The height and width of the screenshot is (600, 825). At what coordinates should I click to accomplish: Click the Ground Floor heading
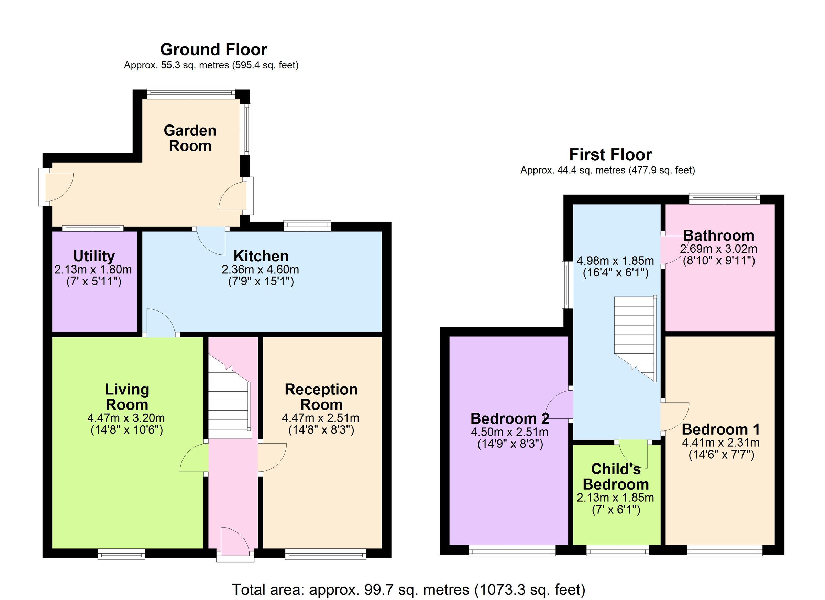click(213, 50)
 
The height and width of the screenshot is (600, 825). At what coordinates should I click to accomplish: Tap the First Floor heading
click(610, 155)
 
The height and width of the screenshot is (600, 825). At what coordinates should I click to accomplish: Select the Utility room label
click(94, 256)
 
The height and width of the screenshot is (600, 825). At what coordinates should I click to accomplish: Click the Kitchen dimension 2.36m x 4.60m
click(261, 270)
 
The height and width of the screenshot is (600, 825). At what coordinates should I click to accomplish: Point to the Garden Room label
click(190, 138)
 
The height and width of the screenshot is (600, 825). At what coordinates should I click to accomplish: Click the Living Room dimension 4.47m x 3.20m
click(126, 418)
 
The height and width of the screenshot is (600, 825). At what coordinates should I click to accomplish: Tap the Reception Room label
click(321, 397)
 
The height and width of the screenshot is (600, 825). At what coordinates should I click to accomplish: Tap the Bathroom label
click(719, 236)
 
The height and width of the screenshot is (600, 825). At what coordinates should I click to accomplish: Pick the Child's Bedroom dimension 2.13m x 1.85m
click(615, 498)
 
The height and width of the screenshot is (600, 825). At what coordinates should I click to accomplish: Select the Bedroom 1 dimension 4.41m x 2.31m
click(720, 443)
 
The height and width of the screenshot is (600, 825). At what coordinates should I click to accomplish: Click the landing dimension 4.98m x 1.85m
click(615, 261)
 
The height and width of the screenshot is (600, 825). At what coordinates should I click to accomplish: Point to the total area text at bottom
click(408, 589)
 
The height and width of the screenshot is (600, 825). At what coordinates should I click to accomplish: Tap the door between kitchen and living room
click(161, 324)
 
